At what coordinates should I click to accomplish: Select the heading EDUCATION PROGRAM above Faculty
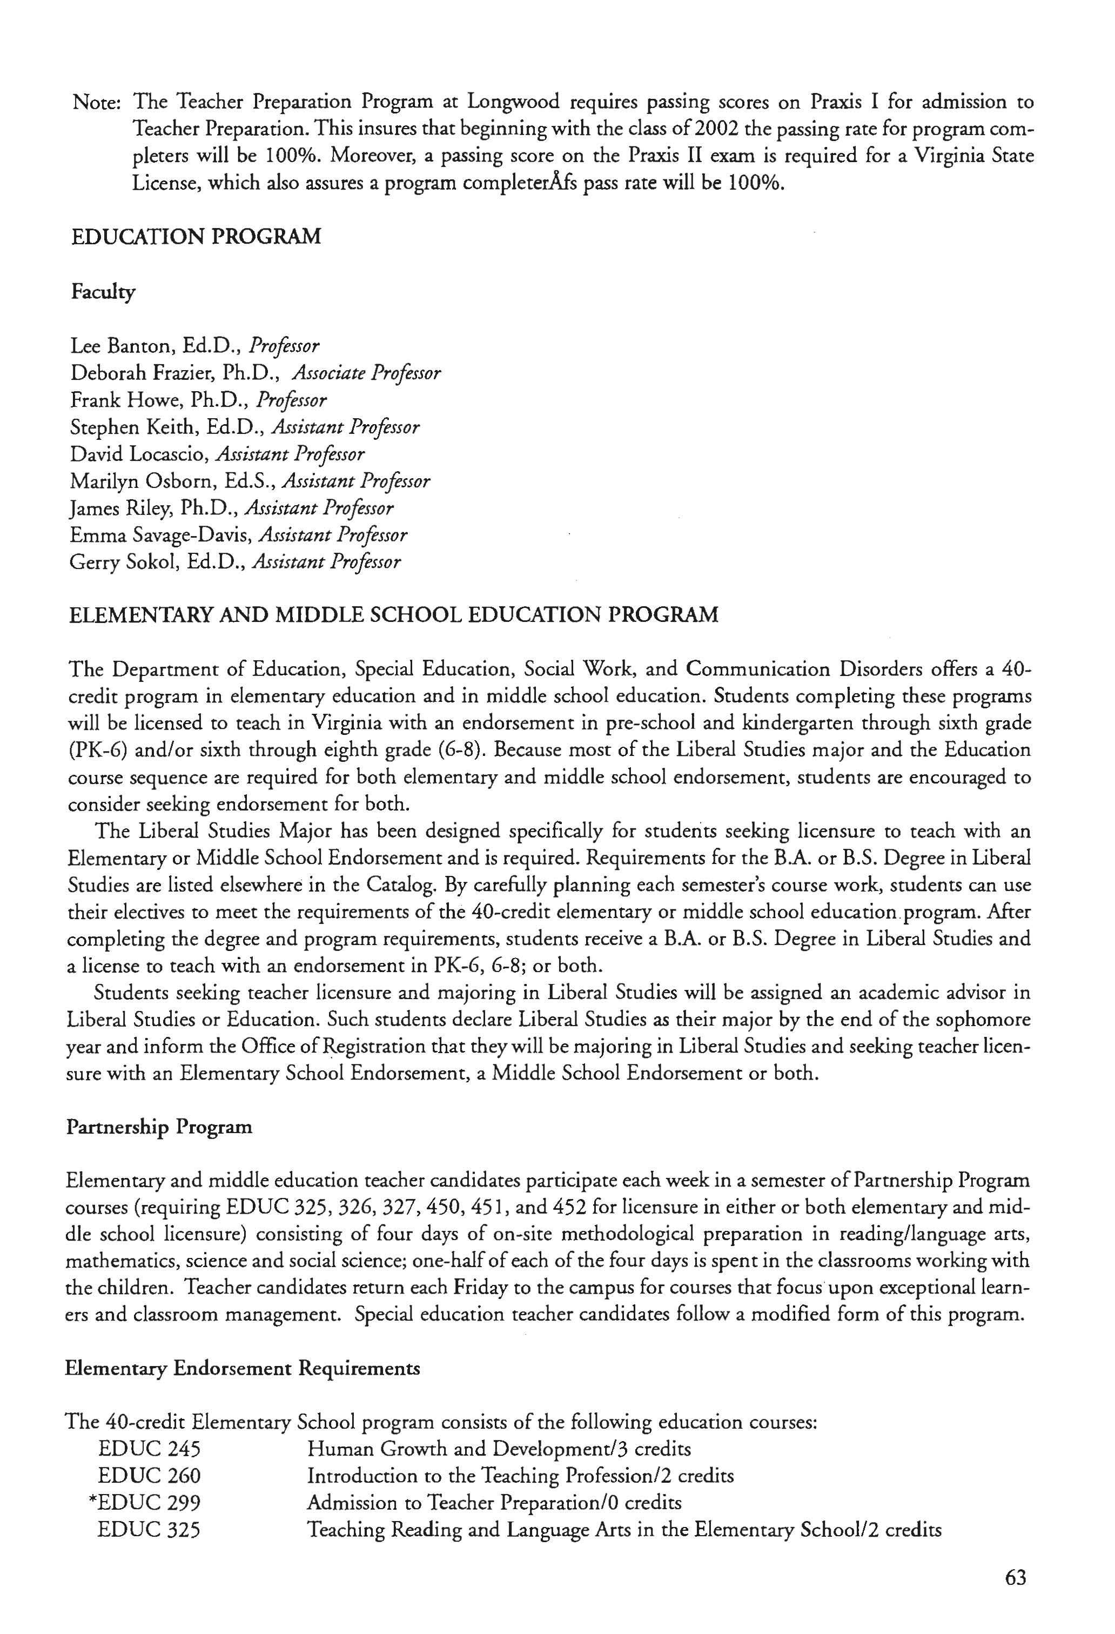[196, 236]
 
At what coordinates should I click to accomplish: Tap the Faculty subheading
[103, 292]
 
